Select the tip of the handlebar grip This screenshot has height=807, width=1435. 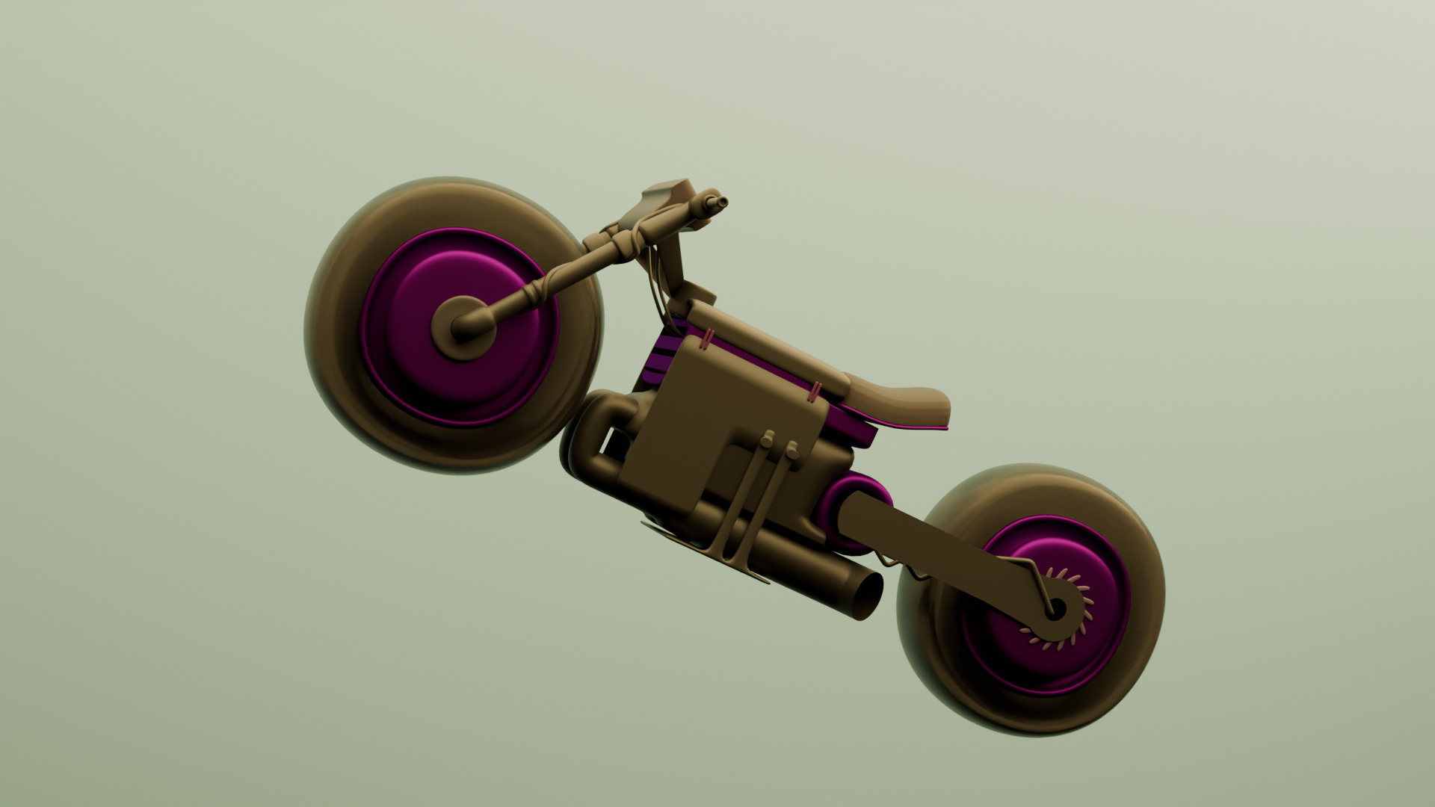tap(720, 202)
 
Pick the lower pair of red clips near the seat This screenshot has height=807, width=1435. tap(816, 392)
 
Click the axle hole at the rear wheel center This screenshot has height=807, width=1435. tap(1055, 608)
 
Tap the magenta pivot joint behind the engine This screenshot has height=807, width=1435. tap(860, 497)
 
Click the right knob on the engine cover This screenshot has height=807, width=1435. tap(791, 451)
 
